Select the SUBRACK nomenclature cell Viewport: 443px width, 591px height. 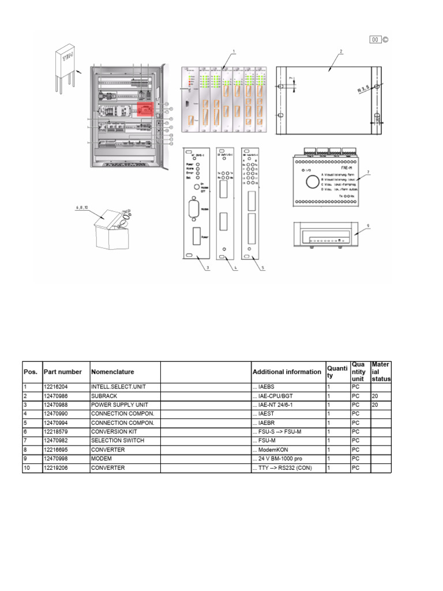103,397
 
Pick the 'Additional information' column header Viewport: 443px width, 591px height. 287,372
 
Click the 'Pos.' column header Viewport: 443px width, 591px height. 29,372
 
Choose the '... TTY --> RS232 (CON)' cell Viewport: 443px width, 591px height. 282,467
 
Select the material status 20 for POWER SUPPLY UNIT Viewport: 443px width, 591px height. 375,405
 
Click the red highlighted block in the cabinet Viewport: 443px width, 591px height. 145,109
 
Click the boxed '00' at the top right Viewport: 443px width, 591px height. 375,40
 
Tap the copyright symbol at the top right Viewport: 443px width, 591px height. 385,40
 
